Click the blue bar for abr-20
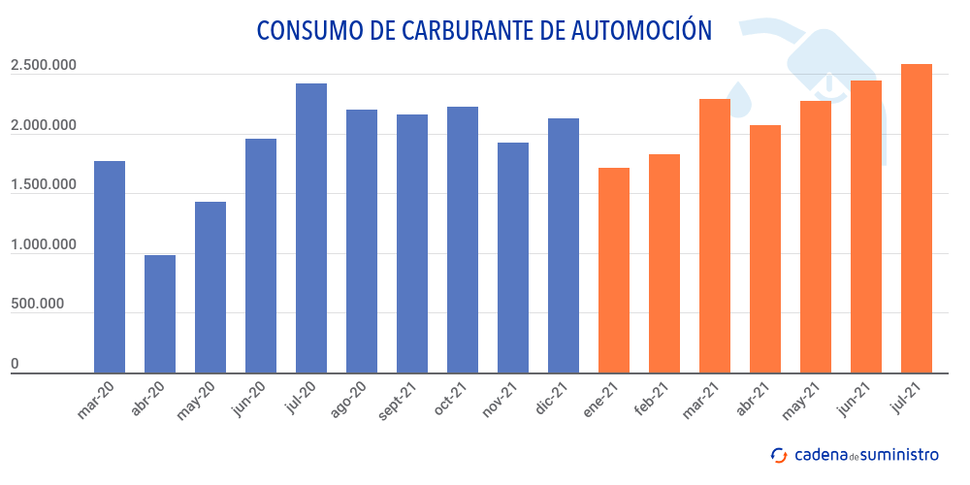tap(160, 313)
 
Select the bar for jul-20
tap(311, 228)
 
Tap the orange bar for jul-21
tap(917, 218)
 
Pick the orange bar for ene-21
tap(614, 270)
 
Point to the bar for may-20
tap(210, 287)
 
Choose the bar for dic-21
tap(564, 245)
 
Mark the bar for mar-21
tap(715, 236)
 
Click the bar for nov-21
tap(513, 257)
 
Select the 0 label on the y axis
tap(15, 364)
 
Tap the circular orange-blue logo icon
tap(778, 454)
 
